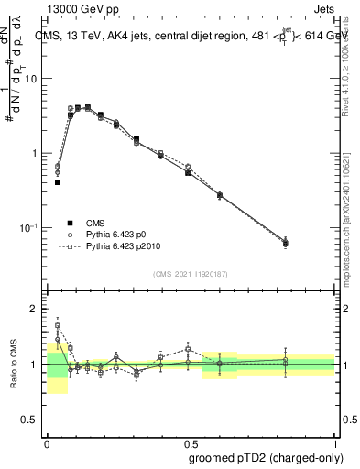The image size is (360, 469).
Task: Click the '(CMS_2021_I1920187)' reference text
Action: tap(190, 274)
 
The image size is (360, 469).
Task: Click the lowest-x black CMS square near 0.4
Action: tap(58, 182)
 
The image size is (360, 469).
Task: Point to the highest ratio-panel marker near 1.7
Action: tap(58, 325)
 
